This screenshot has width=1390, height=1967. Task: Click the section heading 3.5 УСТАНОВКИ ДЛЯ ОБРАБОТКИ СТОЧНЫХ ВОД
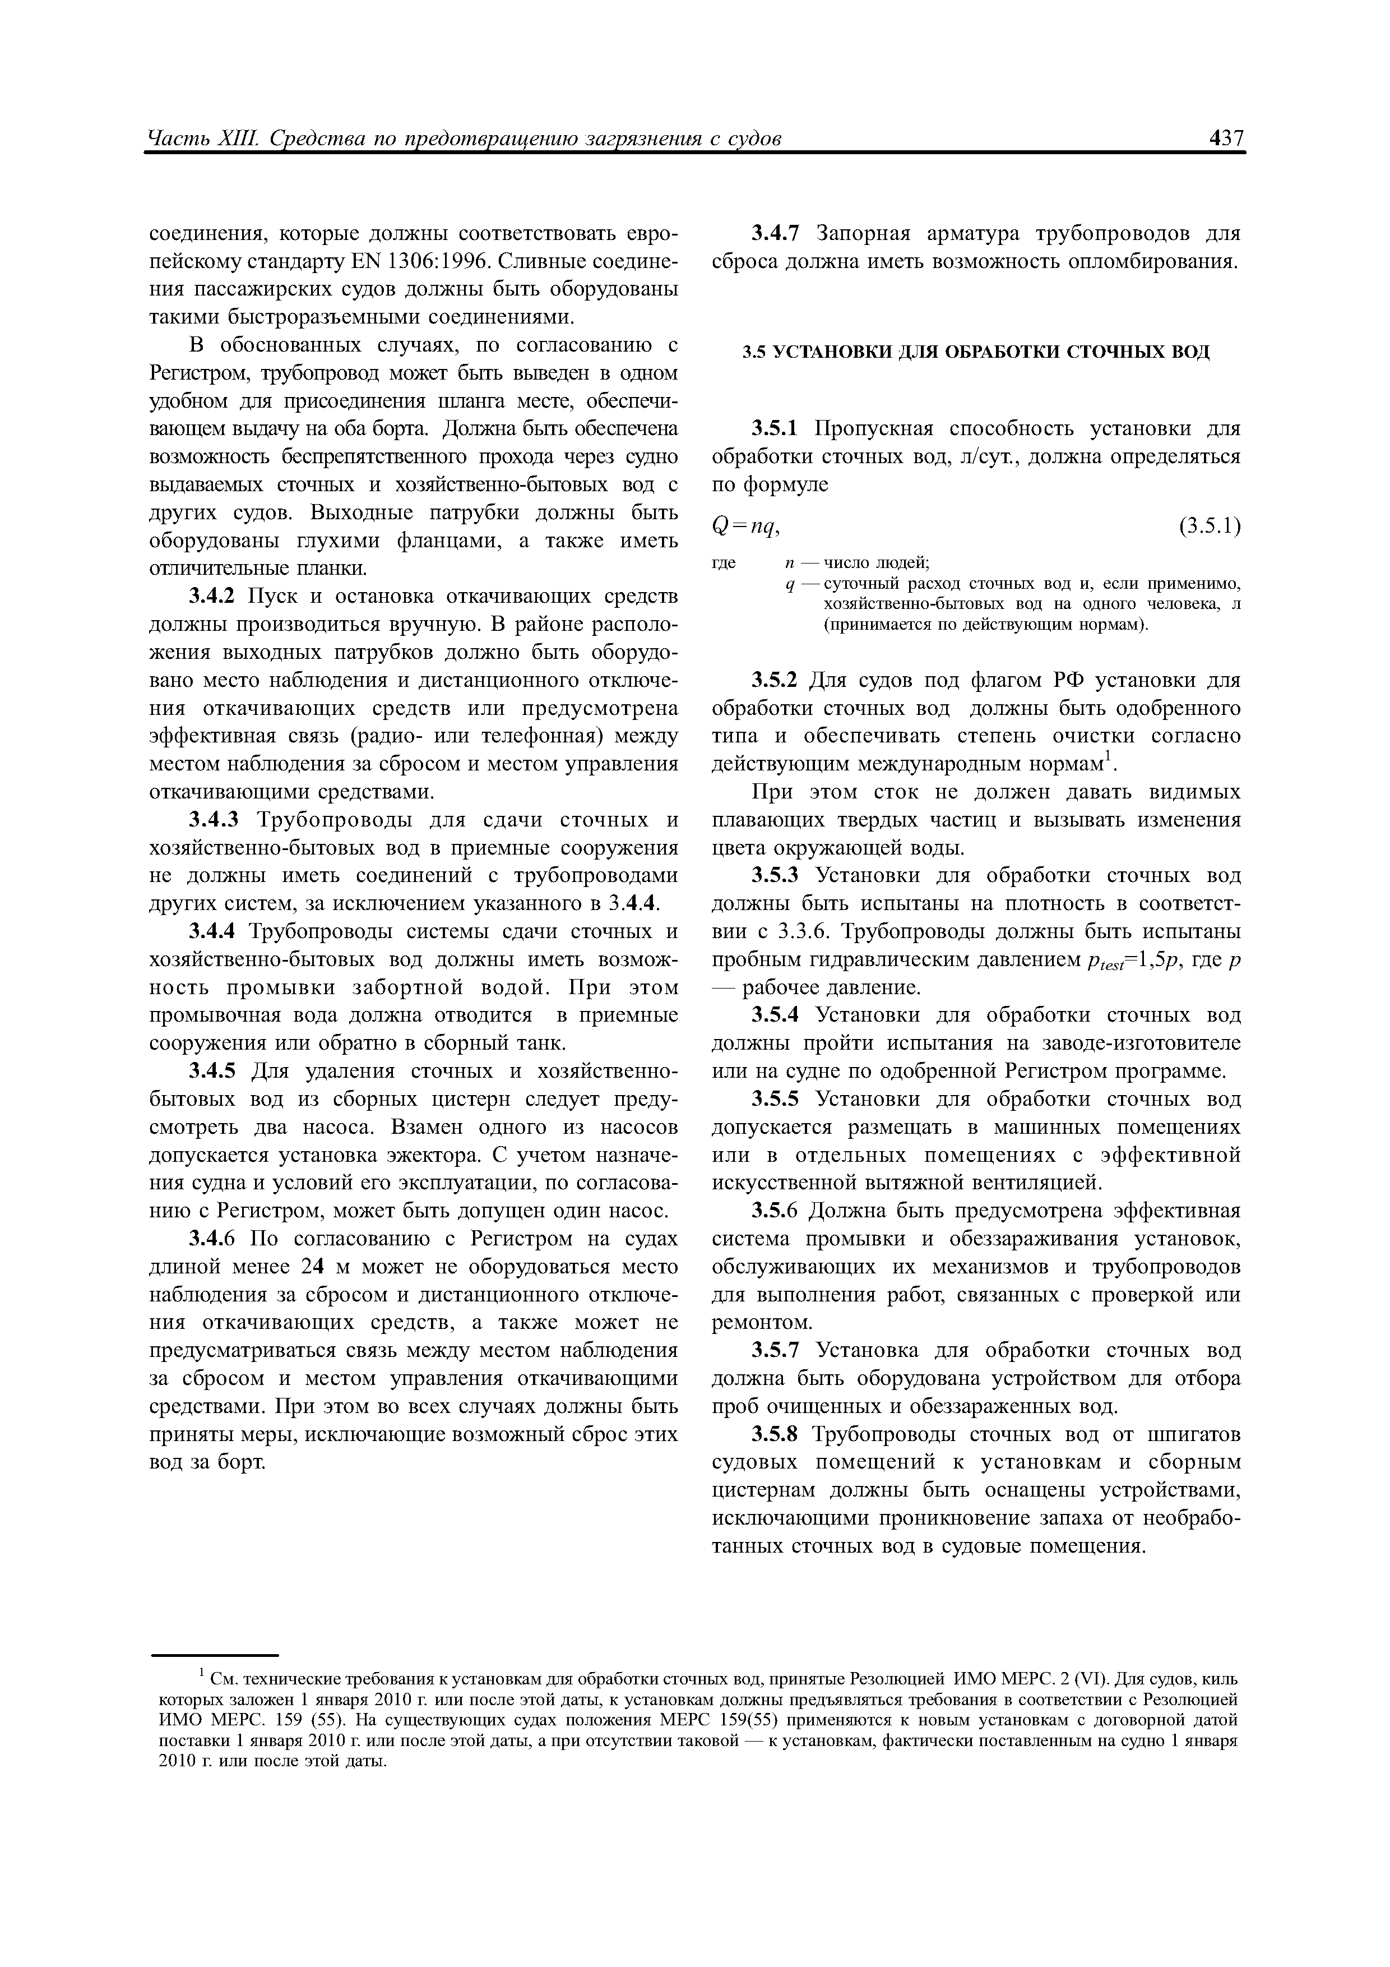975,352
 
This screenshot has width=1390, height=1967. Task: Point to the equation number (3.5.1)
1208,525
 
